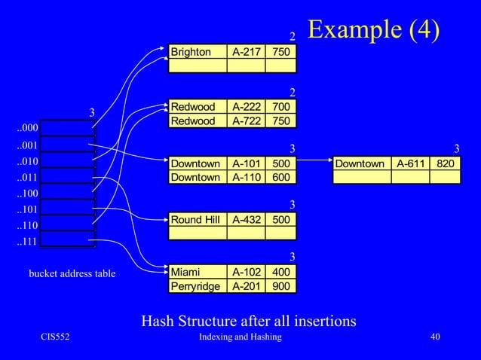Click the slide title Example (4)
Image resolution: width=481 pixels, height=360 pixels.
coord(373,30)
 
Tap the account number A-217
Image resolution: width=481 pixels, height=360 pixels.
coord(245,53)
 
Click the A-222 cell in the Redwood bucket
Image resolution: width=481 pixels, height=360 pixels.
coord(245,107)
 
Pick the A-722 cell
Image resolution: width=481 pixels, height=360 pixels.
coord(245,121)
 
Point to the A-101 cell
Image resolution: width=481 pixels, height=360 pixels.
coord(245,163)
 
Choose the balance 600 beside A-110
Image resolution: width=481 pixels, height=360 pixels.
coord(281,178)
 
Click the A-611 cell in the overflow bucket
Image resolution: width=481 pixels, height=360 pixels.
coord(410,163)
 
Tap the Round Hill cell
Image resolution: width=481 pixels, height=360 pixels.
coord(197,220)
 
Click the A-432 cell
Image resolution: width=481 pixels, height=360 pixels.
coord(245,220)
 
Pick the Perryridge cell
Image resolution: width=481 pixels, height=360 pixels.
coord(196,286)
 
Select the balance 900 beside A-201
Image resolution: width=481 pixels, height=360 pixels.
coord(281,286)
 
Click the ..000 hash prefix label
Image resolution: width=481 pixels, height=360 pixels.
coord(28,128)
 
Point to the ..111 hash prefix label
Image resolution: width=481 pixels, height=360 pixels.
coord(28,243)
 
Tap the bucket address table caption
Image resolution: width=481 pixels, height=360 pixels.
coord(72,273)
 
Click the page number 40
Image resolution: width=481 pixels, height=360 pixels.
coord(434,337)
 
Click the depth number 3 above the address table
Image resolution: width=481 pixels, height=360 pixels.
coord(92,113)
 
